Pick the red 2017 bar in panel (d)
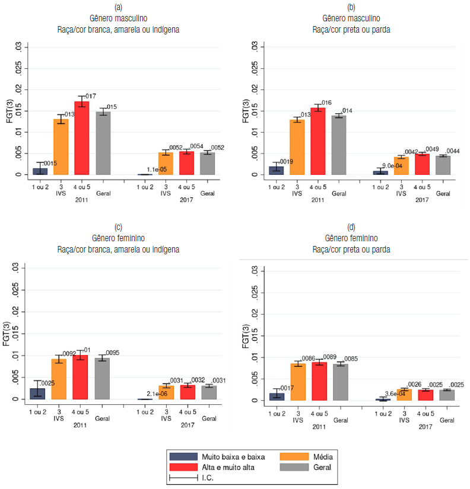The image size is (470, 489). (x=425, y=395)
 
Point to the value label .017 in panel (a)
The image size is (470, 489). (x=90, y=96)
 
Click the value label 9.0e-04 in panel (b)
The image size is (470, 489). (x=393, y=165)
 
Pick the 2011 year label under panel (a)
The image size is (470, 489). (x=82, y=200)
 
